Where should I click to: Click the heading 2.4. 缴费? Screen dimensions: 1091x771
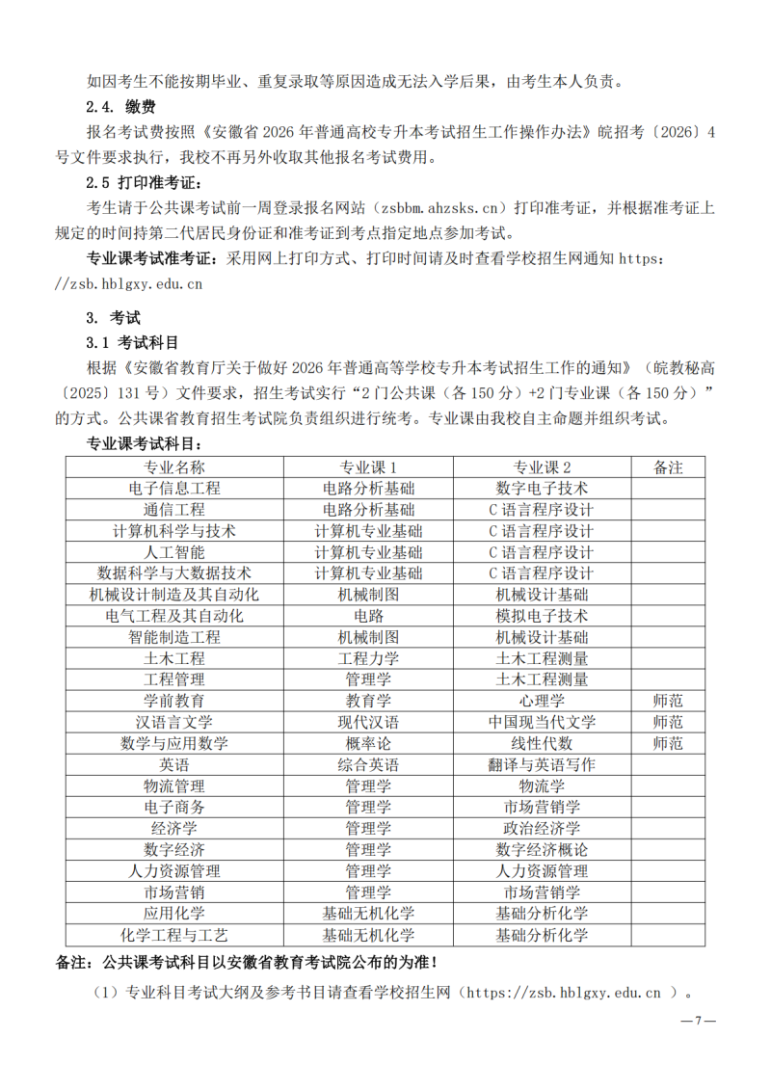pos(121,107)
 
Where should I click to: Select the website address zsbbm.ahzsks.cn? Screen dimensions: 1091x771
pos(441,208)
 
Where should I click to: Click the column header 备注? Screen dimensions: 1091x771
pos(667,467)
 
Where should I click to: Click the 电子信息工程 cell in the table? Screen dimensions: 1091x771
pos(174,489)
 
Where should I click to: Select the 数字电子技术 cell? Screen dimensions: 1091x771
pos(542,489)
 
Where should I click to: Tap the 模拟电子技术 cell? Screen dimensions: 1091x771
pos(542,616)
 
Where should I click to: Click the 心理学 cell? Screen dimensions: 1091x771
pos(542,701)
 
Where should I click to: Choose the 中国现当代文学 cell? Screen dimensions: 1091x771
pos(542,722)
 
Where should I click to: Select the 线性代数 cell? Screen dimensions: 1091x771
pos(542,743)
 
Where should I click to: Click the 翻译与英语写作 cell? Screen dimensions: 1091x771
pos(542,764)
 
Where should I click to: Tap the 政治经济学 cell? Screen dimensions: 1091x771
pos(542,828)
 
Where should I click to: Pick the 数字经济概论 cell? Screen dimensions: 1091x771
pos(542,849)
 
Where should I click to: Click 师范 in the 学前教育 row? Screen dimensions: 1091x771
pos(667,701)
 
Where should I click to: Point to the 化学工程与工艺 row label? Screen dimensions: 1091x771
pos(174,935)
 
